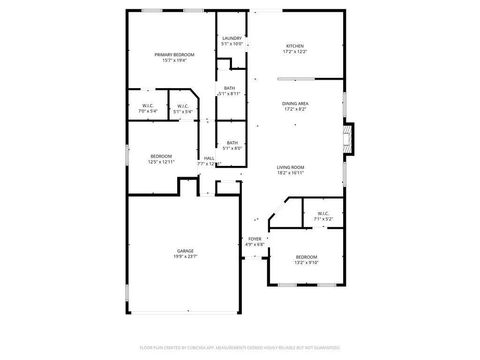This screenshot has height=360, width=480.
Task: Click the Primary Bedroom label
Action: (x=174, y=54)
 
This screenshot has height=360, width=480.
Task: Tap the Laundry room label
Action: (x=232, y=38)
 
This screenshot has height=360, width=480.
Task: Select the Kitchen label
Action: (x=295, y=46)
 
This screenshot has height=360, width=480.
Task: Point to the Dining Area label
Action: (x=295, y=102)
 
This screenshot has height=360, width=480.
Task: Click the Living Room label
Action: (x=290, y=167)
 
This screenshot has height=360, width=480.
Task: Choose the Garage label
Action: (x=186, y=251)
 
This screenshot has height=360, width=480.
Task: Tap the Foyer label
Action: (x=255, y=238)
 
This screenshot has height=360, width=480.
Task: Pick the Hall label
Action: (x=210, y=158)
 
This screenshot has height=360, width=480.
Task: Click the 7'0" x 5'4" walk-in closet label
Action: (x=147, y=105)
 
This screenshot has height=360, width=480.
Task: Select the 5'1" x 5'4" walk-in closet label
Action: (x=183, y=105)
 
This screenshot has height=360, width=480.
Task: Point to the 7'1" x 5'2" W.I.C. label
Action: (x=323, y=213)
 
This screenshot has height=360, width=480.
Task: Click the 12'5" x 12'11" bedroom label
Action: (x=161, y=156)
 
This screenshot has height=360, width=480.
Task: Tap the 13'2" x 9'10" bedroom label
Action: (x=305, y=257)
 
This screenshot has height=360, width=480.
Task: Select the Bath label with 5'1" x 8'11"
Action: (x=230, y=88)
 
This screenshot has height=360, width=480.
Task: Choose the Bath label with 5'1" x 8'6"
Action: (x=232, y=143)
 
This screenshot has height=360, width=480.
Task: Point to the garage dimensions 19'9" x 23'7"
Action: (x=186, y=257)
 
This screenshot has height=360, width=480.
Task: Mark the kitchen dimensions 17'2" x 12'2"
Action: (x=295, y=52)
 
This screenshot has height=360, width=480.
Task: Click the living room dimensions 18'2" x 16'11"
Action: (x=290, y=173)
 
